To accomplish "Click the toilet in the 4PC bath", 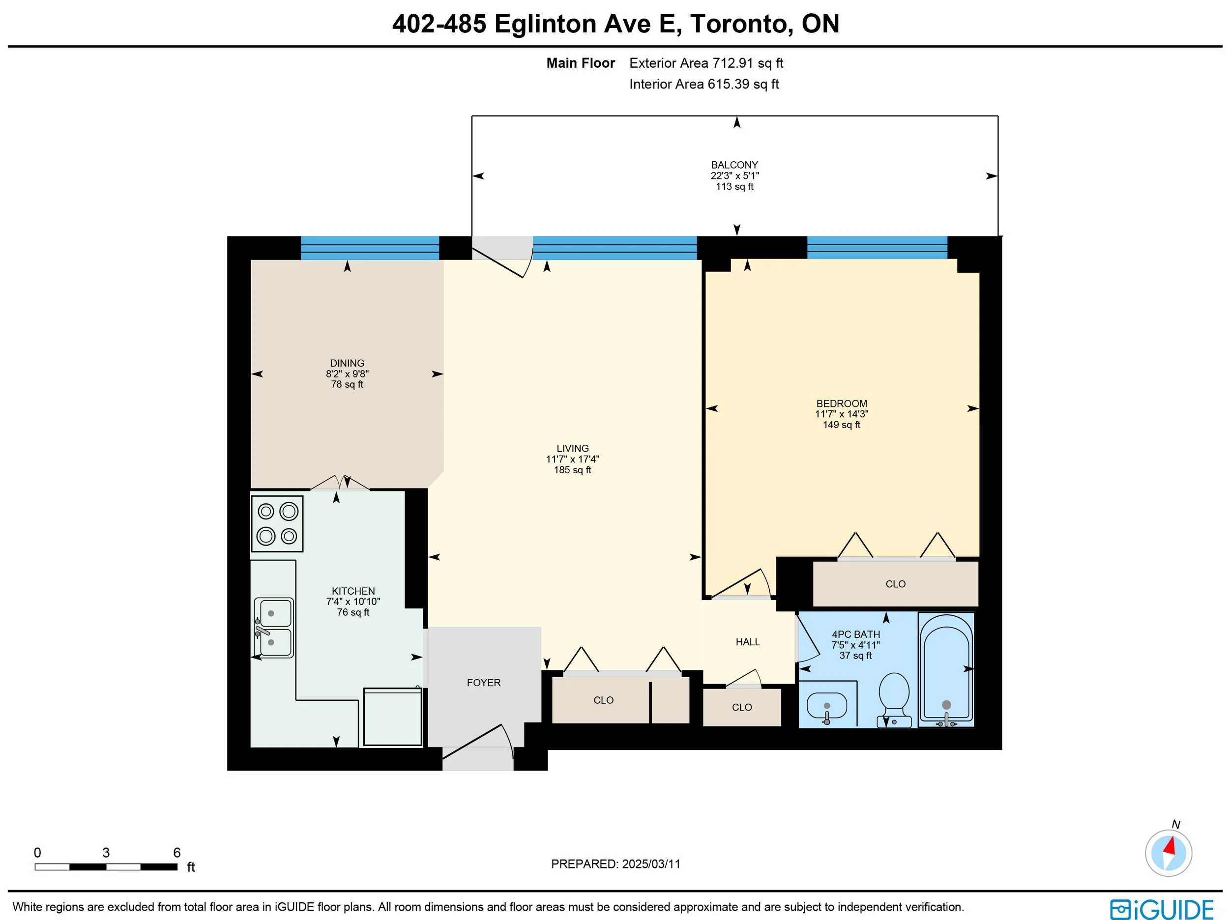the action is click(x=894, y=700).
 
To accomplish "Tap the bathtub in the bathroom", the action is click(x=946, y=669).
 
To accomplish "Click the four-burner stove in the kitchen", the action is click(x=277, y=523).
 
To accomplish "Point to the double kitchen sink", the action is click(x=273, y=628).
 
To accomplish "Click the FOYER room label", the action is click(x=483, y=683).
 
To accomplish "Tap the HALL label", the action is click(x=748, y=642).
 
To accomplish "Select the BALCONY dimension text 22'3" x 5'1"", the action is click(x=734, y=175).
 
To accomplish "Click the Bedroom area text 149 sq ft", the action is click(x=841, y=425).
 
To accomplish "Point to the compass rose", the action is click(x=1168, y=853).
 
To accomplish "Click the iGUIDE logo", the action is click(x=1162, y=910).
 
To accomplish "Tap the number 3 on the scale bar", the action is click(x=106, y=853).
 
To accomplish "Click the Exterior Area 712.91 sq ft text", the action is click(x=706, y=63).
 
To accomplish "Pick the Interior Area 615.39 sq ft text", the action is click(x=704, y=85).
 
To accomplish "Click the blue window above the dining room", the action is click(x=370, y=248).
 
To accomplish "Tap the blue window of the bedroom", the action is click(x=877, y=247).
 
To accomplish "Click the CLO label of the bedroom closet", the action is click(x=896, y=584).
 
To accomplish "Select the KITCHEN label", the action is click(x=353, y=591).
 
